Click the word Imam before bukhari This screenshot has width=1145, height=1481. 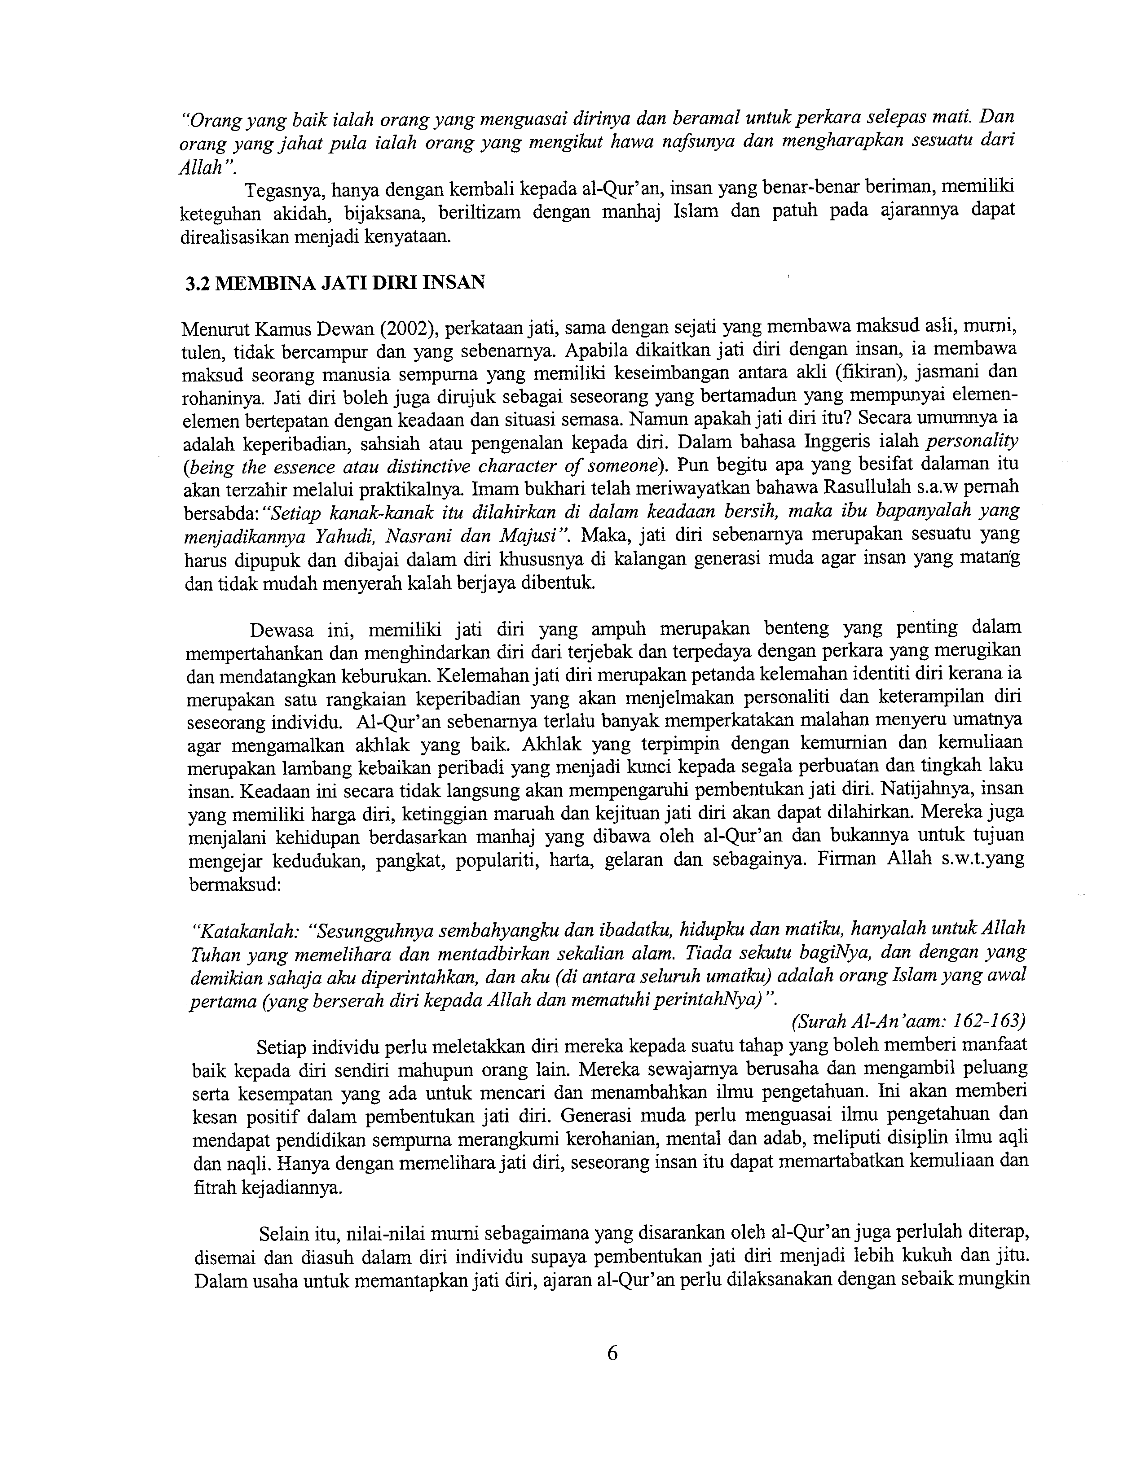coord(494,488)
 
